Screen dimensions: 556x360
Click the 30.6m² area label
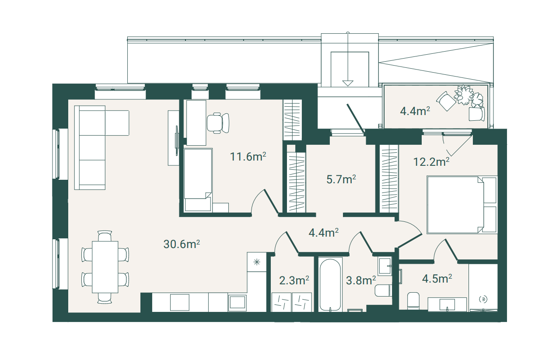182,245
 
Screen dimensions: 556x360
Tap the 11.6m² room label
248,157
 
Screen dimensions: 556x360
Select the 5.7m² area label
341,179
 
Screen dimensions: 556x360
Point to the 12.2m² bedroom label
431,162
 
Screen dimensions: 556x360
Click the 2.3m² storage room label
294,280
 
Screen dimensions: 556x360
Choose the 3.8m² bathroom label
361,280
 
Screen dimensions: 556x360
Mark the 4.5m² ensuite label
437,279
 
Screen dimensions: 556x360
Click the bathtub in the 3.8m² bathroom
330,284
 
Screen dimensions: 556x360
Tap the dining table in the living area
105,267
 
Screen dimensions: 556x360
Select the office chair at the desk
218,123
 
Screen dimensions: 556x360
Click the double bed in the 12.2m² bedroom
462,205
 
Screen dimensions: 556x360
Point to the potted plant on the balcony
463,94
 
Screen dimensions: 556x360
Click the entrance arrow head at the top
348,83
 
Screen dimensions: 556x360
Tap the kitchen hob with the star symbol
257,262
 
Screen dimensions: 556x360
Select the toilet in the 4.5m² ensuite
413,301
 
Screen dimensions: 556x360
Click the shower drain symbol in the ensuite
483,299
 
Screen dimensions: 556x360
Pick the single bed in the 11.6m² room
198,180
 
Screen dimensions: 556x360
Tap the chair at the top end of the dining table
105,236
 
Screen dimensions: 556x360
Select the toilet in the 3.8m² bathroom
383,290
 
